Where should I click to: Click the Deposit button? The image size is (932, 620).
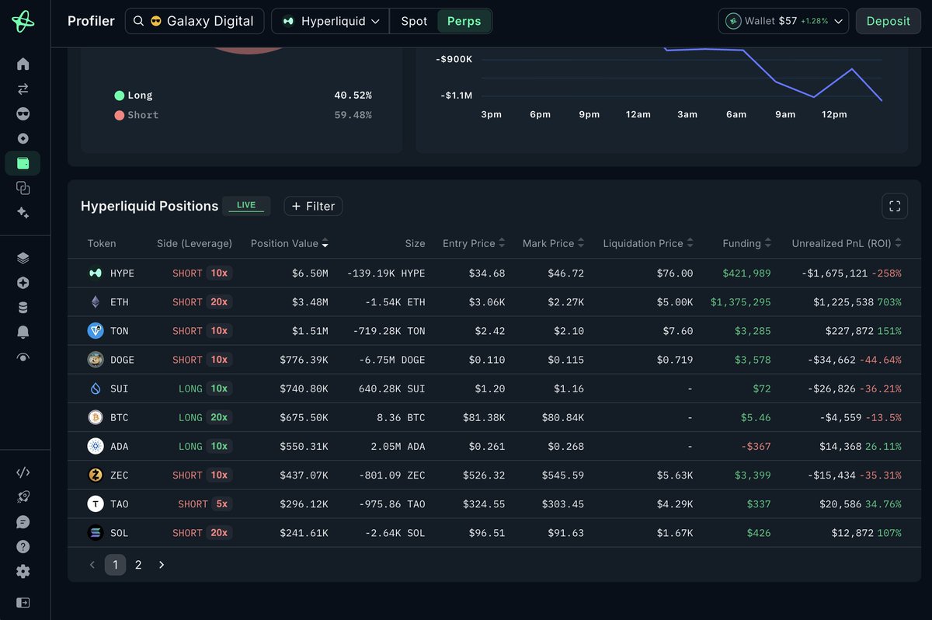point(888,21)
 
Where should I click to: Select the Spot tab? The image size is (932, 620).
point(414,21)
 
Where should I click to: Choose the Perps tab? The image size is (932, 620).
point(464,21)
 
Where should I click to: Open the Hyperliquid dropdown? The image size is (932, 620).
point(330,21)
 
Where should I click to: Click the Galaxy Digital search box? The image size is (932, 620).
point(195,21)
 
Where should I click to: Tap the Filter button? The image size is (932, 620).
point(313,206)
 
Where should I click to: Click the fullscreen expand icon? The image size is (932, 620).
point(895,206)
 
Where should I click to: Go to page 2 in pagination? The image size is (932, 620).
point(138,565)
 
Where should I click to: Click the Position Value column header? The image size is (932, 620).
point(289,243)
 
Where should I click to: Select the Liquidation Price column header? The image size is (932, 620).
point(648,243)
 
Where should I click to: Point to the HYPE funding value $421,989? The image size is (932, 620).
point(746,273)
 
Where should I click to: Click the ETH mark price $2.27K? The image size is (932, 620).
point(565,302)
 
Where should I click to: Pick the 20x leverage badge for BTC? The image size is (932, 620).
point(219,417)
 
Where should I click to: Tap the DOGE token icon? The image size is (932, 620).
point(96,360)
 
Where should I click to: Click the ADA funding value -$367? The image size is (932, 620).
point(756,446)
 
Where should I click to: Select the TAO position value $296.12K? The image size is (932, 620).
point(304,504)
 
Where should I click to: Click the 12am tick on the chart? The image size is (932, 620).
point(638,114)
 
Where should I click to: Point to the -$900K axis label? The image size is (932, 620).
point(454,59)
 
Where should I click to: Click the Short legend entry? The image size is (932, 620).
point(137,115)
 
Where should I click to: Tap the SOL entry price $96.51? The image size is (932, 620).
point(487,533)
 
